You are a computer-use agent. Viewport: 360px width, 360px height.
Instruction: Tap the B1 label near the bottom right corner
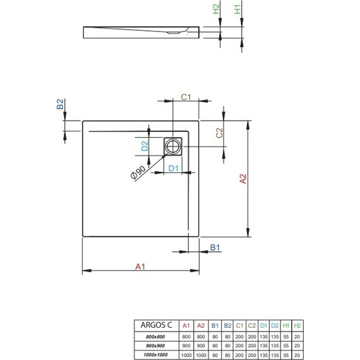click(214, 247)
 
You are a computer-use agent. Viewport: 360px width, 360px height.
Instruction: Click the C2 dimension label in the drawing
click(219, 133)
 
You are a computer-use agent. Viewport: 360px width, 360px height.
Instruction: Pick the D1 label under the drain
click(174, 168)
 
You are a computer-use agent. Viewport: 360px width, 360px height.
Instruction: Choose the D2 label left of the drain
click(144, 147)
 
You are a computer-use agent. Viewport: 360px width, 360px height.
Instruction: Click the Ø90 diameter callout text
click(138, 172)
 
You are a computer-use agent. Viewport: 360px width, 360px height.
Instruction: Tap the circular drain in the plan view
click(174, 147)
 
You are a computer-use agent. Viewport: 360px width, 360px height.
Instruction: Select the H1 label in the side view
click(237, 11)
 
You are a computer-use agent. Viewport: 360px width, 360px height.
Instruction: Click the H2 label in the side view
click(216, 11)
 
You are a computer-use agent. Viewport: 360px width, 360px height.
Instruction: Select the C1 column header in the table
click(239, 325)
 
